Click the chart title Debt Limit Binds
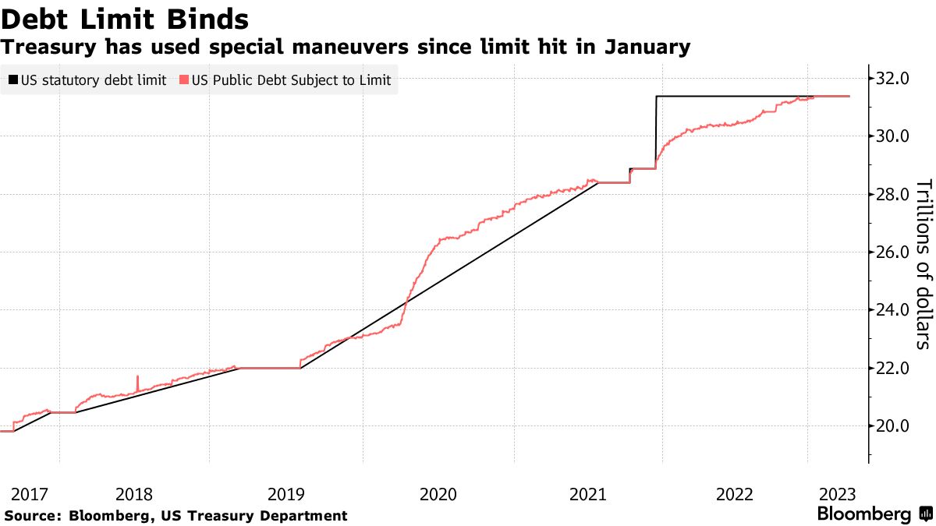coord(125,18)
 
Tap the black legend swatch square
coord(12,79)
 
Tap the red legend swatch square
coord(183,79)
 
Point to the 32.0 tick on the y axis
coord(893,78)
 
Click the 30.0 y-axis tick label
coord(893,136)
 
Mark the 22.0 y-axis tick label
coord(893,368)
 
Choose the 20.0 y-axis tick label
coord(893,426)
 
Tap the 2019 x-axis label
coord(286,494)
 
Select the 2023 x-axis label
coord(838,494)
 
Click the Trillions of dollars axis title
coord(923,263)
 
